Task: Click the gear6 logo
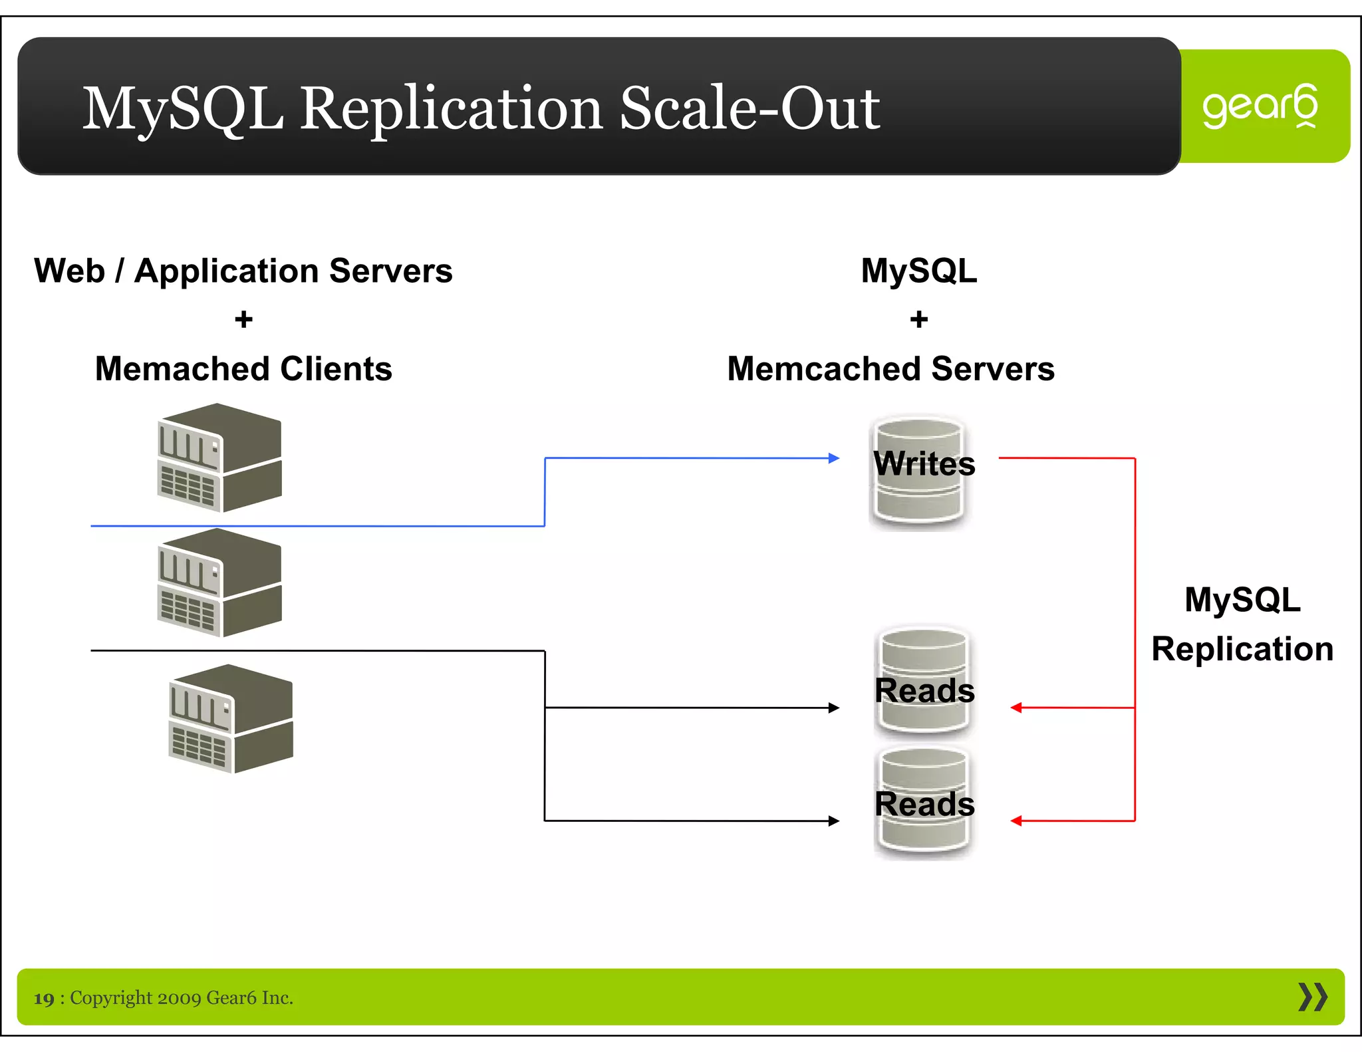(1260, 106)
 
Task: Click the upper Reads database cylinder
(923, 681)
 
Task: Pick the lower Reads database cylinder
(923, 801)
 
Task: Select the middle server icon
(219, 583)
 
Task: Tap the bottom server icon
(231, 718)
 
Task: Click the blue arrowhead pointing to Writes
(834, 458)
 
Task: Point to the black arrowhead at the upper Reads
(834, 708)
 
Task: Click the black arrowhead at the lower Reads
(834, 821)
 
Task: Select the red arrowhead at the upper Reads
(1016, 708)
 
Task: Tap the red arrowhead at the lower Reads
(1016, 821)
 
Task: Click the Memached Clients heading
(243, 369)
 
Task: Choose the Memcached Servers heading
(890, 369)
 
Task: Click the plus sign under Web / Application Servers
(243, 320)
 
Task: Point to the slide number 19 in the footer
(44, 999)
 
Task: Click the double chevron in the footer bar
(1312, 997)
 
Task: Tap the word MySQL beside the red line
(1242, 600)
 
